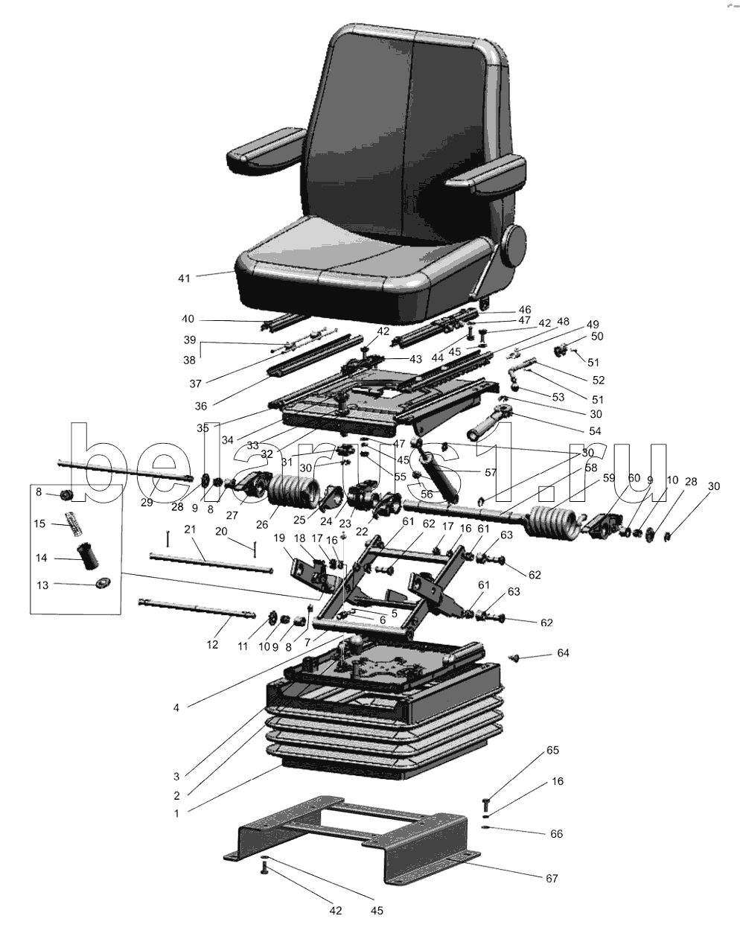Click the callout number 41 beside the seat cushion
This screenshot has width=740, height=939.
coord(184,278)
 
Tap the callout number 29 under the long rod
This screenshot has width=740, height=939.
coord(147,502)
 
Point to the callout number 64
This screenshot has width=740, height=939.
coord(563,653)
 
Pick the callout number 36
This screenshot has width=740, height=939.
coord(201,406)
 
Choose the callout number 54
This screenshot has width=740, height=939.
coord(595,431)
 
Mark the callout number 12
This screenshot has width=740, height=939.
coord(212,644)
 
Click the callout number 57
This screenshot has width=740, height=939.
coord(491,472)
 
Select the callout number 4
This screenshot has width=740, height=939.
coord(176,707)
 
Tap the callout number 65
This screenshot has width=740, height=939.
coord(552,750)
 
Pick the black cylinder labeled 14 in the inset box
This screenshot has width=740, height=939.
coord(88,556)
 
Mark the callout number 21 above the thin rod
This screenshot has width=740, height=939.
coord(190,529)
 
